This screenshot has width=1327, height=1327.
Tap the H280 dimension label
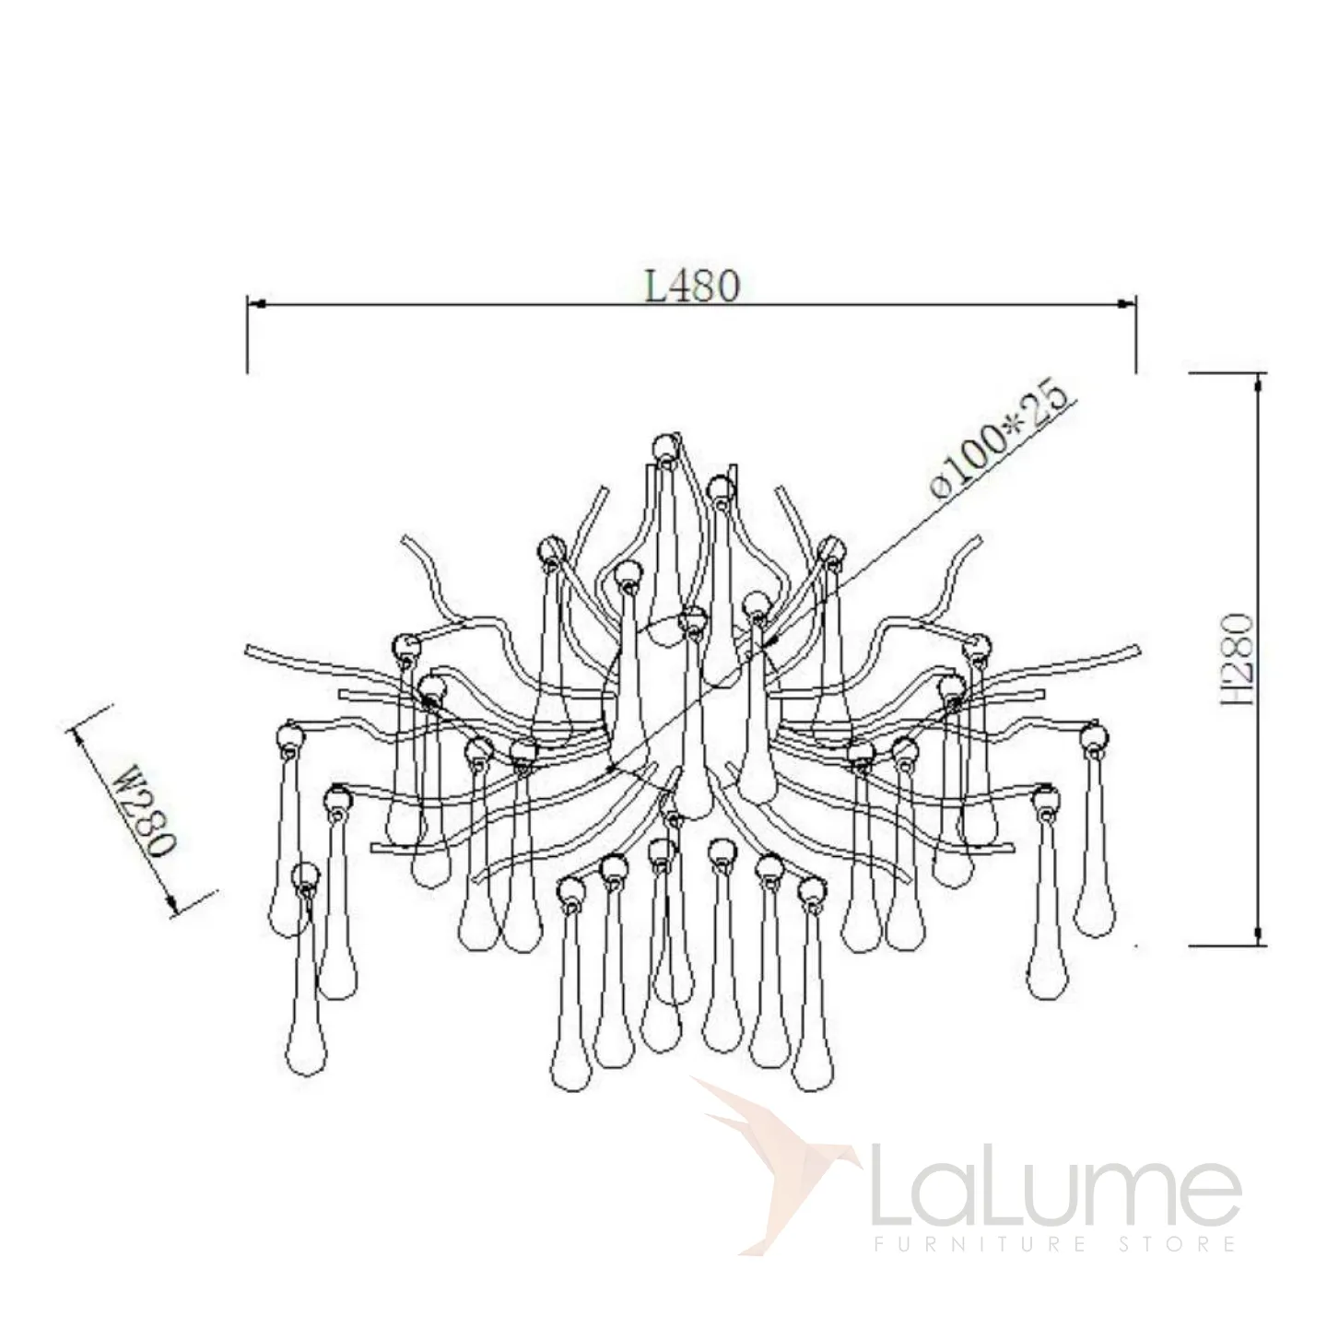[1236, 659]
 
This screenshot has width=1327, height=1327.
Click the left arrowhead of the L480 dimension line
[256, 303]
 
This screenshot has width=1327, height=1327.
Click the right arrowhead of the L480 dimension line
[1127, 303]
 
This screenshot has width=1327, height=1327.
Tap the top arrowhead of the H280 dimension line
[1259, 382]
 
